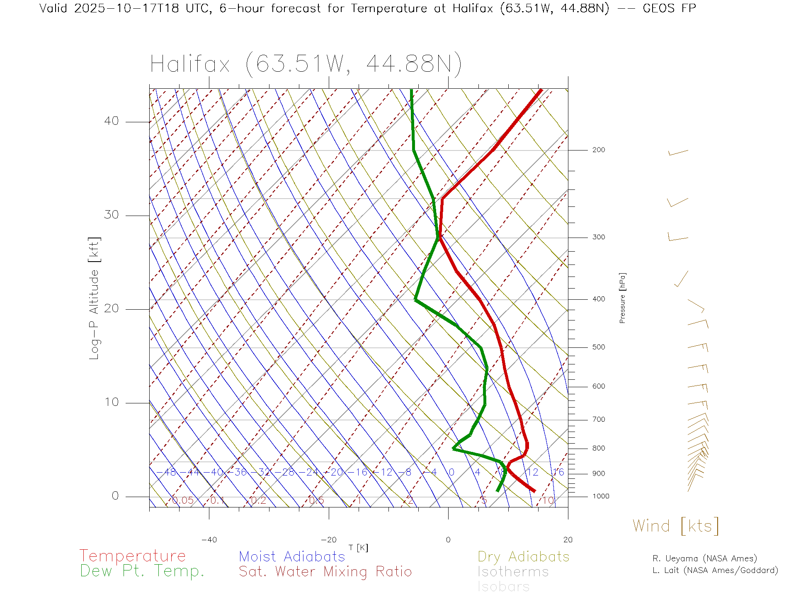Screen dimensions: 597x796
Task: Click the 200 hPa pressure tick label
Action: click(x=598, y=150)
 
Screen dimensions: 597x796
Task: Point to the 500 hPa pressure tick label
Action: click(x=598, y=347)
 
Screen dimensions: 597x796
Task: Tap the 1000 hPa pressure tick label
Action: click(x=600, y=496)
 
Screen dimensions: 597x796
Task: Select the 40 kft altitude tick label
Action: click(x=111, y=121)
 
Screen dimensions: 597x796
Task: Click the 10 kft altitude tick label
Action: click(x=111, y=402)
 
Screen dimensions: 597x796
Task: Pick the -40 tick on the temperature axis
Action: click(x=209, y=540)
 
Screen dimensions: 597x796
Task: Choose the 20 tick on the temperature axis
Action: click(x=568, y=540)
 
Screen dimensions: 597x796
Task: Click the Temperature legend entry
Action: click(x=133, y=556)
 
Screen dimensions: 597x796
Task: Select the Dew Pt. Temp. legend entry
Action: click(x=142, y=571)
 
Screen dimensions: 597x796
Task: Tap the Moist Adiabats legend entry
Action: click(x=292, y=556)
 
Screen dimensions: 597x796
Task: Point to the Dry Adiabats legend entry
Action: click(x=523, y=556)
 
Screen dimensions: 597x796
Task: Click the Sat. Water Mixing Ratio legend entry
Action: click(x=325, y=571)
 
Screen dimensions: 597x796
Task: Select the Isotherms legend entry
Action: click(x=513, y=572)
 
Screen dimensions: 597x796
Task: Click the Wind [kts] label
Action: click(x=676, y=526)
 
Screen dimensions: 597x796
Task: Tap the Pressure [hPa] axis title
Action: click(x=622, y=298)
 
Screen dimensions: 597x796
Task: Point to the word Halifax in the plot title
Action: click(x=190, y=64)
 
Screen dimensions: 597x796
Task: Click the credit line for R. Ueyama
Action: click(x=704, y=558)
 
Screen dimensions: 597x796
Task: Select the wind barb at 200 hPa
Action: click(x=678, y=153)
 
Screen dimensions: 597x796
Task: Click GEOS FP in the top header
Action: click(x=669, y=8)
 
